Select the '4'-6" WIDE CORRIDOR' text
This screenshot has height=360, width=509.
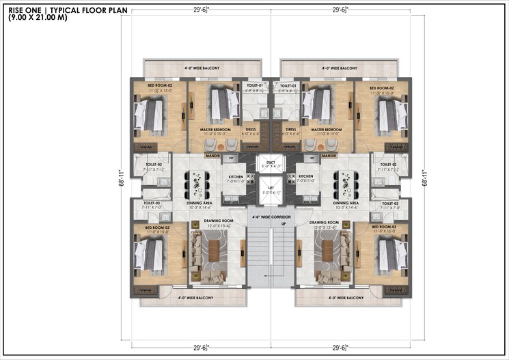click(x=271, y=217)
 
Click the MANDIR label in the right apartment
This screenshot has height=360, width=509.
click(x=329, y=156)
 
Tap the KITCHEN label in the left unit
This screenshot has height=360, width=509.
click(x=236, y=176)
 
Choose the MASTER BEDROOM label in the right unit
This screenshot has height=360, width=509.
click(x=326, y=129)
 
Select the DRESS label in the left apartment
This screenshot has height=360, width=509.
click(x=250, y=129)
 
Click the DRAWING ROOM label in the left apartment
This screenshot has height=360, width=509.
click(x=219, y=222)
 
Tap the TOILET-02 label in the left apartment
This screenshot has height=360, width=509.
click(x=152, y=164)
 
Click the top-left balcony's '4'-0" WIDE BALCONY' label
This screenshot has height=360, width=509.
click(x=203, y=68)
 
